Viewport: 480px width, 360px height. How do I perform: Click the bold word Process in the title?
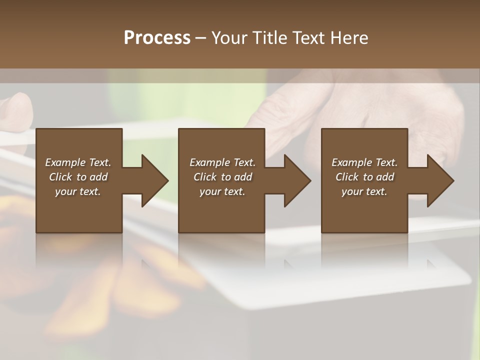pos(157,38)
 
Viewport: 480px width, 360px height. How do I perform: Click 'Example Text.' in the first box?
pos(78,162)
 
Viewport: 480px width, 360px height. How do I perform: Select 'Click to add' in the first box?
pos(78,177)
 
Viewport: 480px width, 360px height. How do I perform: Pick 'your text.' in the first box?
pos(78,191)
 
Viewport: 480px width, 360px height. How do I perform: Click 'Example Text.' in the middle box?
pos(222,162)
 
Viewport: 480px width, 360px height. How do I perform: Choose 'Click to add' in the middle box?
pos(222,177)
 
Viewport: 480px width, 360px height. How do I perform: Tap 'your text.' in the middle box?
pos(222,191)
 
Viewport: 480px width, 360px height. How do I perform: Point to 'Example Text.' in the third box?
pos(364,162)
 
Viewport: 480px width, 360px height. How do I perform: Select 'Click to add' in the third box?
pos(364,177)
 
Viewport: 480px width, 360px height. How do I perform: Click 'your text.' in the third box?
pos(364,191)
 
